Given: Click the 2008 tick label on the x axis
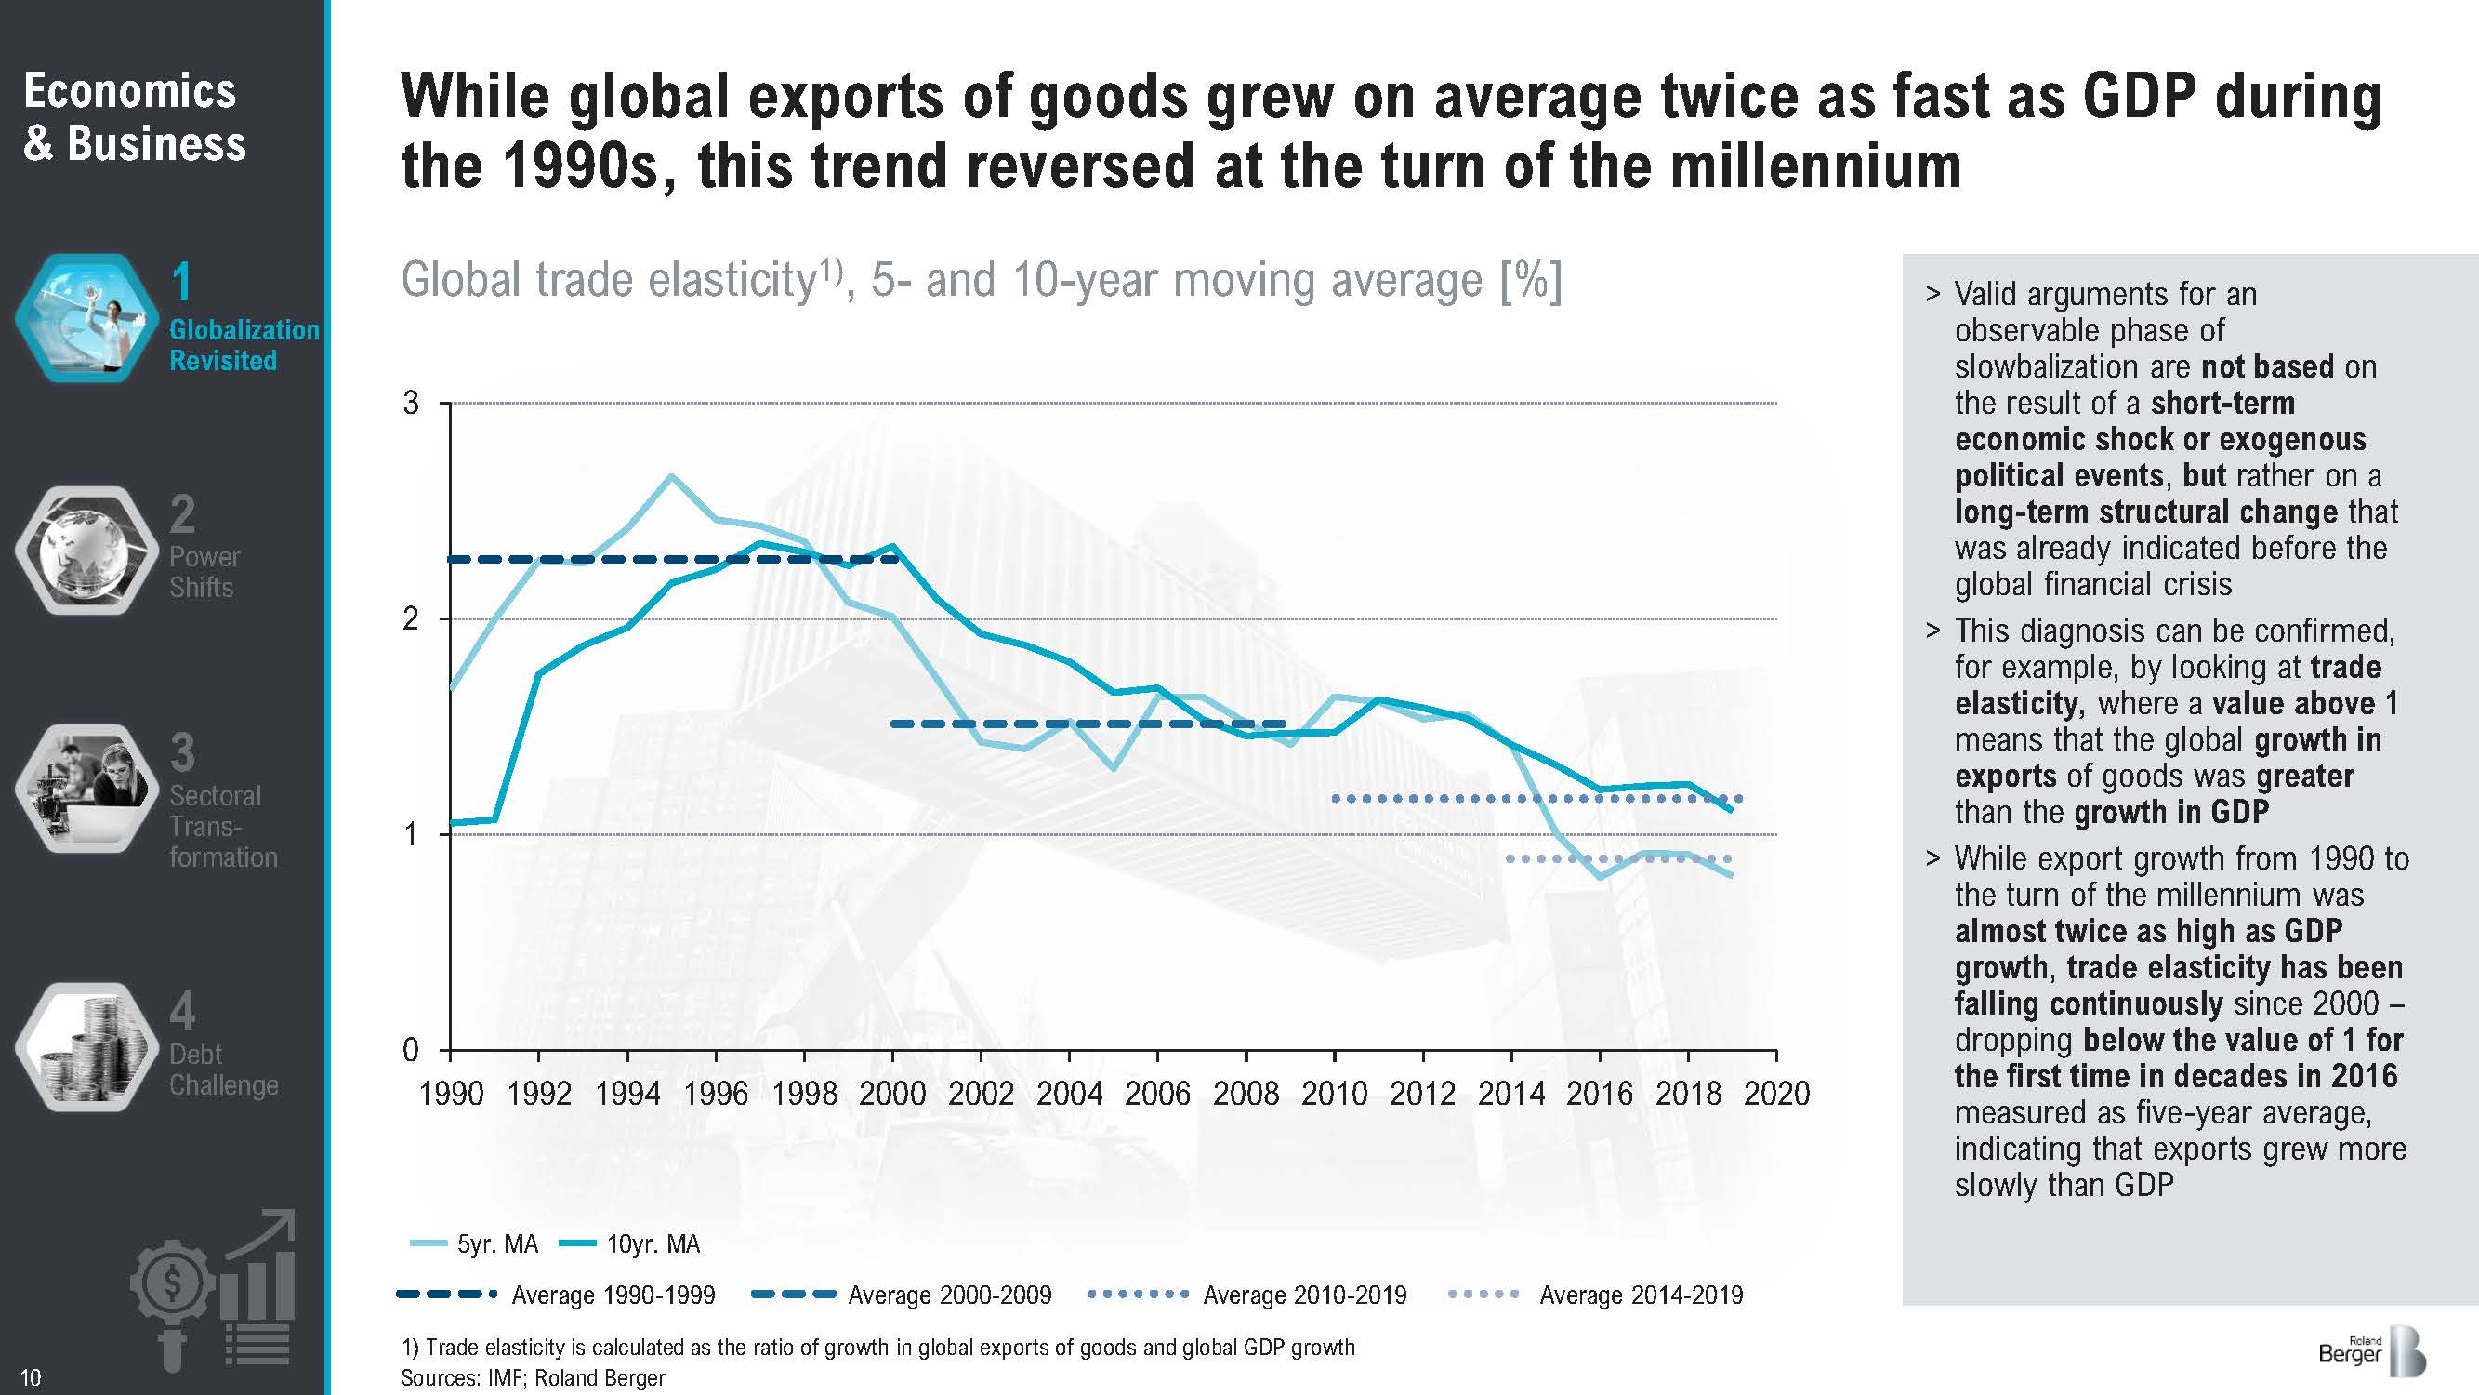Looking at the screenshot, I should pos(1246,1094).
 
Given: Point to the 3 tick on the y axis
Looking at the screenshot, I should pos(411,403).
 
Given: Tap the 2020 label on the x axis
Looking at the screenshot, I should pos(1776,1094).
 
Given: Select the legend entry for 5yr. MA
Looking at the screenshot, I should pos(474,1243).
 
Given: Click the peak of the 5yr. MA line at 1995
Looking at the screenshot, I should pos(672,475).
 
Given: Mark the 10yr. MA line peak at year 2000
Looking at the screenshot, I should pos(893,546).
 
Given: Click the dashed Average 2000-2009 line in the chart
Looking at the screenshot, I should pos(1088,724).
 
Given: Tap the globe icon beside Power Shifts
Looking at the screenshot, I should pos(86,550).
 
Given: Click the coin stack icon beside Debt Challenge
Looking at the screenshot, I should pos(86,1047).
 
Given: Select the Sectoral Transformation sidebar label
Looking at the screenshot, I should pos(222,826).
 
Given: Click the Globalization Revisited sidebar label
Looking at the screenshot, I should pos(244,345).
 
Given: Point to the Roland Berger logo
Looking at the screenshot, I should pos(2372,1352).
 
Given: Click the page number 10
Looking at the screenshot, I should pos(31,1377).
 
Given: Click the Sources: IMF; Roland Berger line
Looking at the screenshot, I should pos(533,1377).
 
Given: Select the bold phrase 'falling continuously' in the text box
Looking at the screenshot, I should pos(2089,1003).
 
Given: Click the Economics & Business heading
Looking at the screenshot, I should pos(134,117).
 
